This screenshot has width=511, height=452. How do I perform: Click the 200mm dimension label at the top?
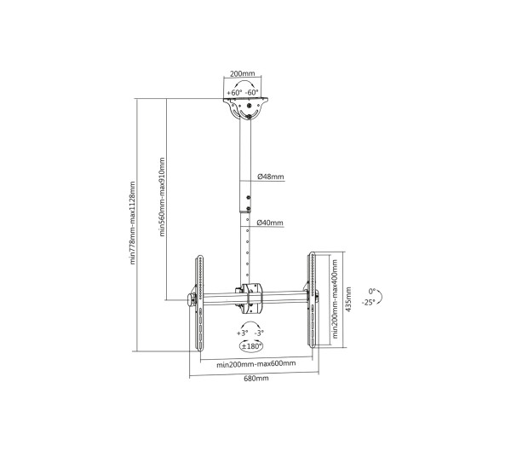(x=244, y=74)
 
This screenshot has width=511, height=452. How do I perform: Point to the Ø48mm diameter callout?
(x=271, y=178)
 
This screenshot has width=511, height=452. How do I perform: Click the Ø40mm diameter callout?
(x=271, y=223)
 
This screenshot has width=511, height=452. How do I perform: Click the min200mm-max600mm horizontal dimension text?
(x=255, y=364)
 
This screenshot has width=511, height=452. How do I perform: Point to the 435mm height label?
(x=347, y=301)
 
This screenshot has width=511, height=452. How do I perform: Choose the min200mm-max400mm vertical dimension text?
(x=335, y=298)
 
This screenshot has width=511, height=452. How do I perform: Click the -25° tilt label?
(x=369, y=302)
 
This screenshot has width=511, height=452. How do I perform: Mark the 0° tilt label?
(x=370, y=289)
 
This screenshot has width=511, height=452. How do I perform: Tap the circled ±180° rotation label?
(x=252, y=346)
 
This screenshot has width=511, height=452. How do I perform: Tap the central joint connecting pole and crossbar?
(x=250, y=296)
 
